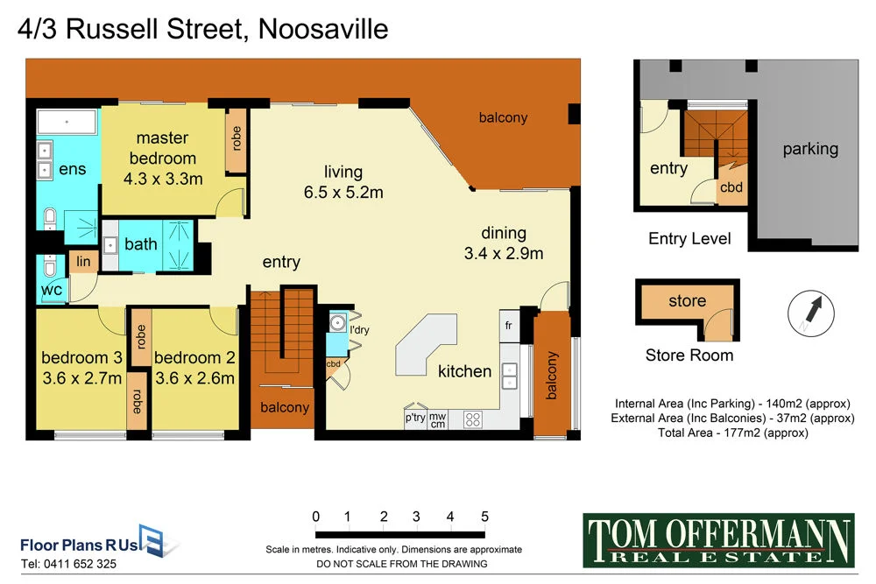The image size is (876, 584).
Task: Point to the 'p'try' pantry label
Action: [415, 419]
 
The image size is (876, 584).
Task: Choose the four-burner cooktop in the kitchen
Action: [474, 419]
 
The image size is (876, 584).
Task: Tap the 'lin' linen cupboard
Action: [84, 261]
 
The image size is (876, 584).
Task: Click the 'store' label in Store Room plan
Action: [687, 301]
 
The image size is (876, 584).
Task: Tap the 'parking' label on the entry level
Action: [810, 149]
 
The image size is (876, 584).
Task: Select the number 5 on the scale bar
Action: [484, 517]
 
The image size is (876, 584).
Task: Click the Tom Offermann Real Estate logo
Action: [717, 539]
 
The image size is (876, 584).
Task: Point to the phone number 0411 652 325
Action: [68, 565]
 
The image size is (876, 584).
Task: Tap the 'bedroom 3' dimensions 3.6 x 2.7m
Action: [81, 378]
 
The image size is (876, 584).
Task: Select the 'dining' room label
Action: [504, 233]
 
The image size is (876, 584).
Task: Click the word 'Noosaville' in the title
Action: [323, 30]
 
